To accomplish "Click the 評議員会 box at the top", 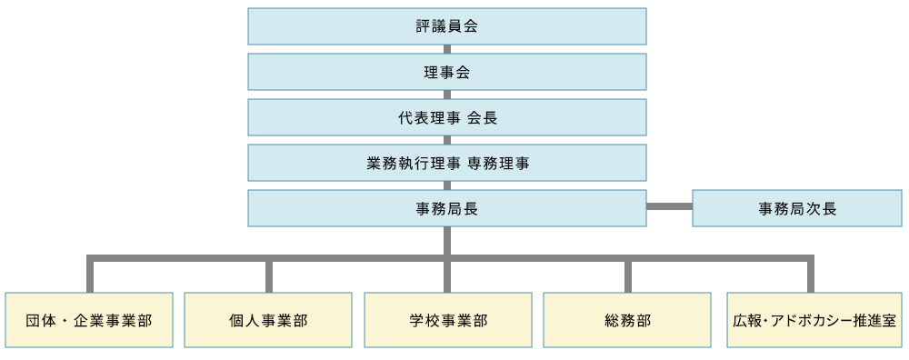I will (446, 26).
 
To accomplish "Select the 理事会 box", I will (446, 72).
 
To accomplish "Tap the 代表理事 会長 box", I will (446, 117).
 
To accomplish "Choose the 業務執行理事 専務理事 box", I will (446, 163).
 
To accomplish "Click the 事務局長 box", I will (446, 208).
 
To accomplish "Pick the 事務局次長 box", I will (797, 208).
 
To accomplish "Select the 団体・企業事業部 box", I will (89, 320).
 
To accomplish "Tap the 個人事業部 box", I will (268, 320).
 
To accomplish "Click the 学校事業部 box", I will (448, 320).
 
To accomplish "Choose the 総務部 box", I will (627, 320).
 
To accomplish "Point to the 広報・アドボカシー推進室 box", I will (814, 320).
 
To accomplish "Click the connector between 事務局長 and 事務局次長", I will (669, 206).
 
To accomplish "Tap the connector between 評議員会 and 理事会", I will (446, 49).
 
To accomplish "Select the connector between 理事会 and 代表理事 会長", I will (446, 95).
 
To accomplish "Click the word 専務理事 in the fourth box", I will (498, 164).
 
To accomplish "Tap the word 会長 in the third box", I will (482, 118).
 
